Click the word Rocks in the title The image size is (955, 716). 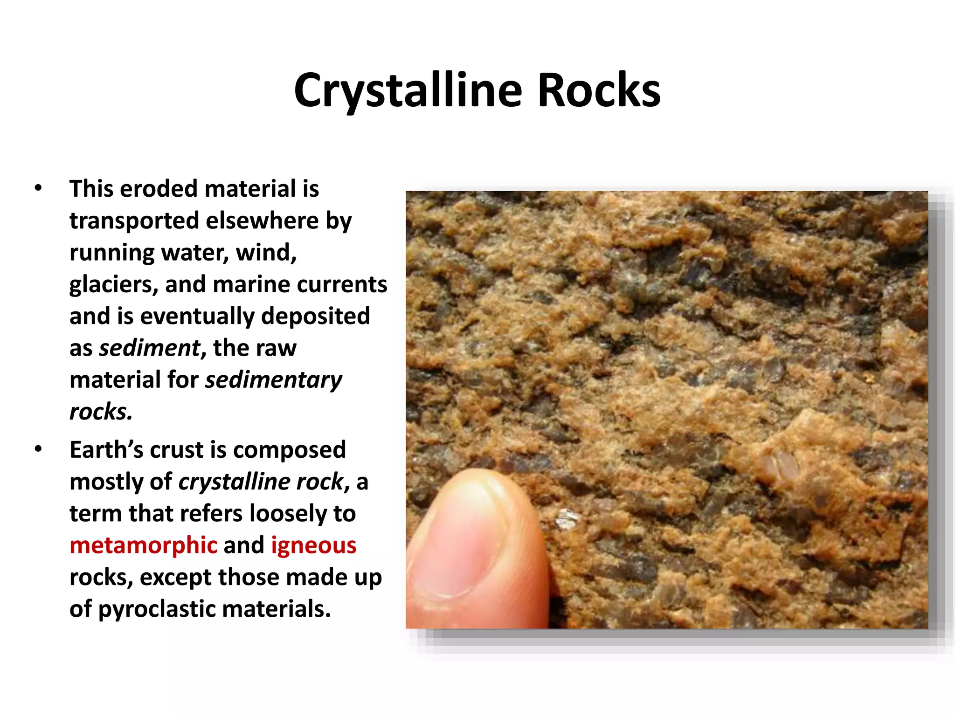(599, 91)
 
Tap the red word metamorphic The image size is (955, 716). (143, 545)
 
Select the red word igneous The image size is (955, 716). (313, 545)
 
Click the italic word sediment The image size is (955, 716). (150, 348)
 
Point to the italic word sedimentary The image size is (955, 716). (274, 379)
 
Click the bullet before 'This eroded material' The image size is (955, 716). (38, 188)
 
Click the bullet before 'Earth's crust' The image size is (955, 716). (38, 449)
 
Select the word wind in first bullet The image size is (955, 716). (265, 252)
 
